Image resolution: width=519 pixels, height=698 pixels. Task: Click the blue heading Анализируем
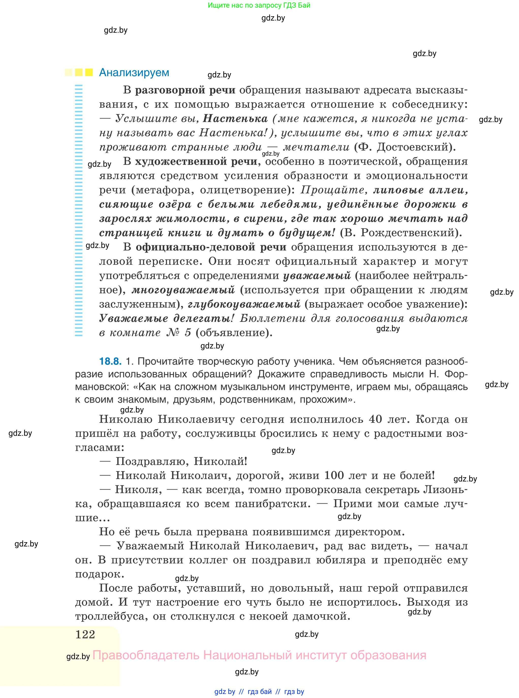click(x=134, y=73)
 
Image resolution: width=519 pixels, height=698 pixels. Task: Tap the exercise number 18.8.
click(x=110, y=361)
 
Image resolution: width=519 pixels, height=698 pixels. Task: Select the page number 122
click(x=85, y=634)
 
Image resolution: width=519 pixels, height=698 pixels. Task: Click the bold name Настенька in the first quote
click(x=235, y=118)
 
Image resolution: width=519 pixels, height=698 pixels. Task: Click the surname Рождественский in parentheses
click(x=408, y=232)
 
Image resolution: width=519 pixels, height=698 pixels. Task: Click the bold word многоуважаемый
click(x=183, y=290)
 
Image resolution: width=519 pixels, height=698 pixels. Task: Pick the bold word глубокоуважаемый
click(x=244, y=304)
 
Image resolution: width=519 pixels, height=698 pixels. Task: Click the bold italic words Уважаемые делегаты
click(x=166, y=318)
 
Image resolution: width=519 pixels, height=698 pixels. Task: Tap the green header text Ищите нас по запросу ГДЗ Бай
click(x=259, y=5)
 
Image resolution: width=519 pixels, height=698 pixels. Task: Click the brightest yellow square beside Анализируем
click(x=89, y=73)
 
